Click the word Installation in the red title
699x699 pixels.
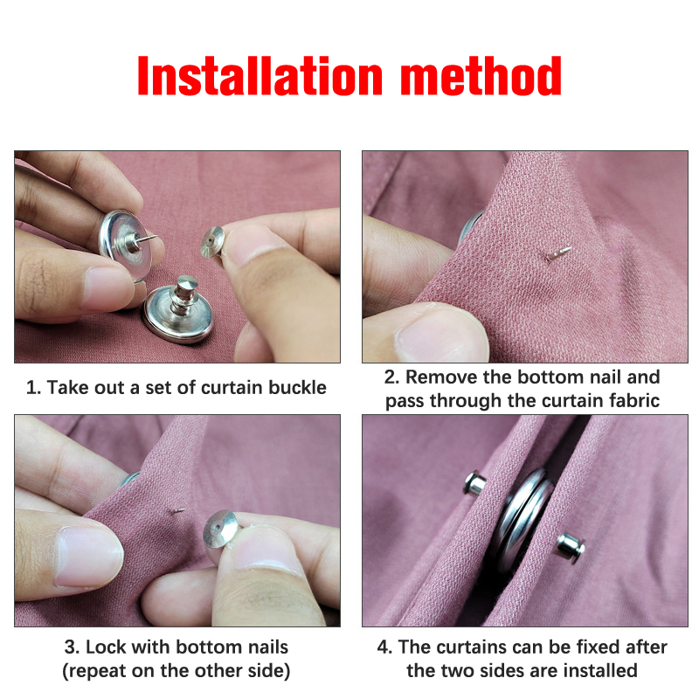(x=260, y=76)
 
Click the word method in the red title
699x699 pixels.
(x=481, y=76)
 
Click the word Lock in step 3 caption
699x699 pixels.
(x=106, y=647)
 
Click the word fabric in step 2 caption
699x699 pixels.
(x=635, y=400)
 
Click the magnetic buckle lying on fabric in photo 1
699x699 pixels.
(x=178, y=308)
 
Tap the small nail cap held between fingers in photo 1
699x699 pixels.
(x=211, y=242)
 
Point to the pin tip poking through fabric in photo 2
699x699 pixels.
(x=558, y=253)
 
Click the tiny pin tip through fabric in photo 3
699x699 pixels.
(x=179, y=511)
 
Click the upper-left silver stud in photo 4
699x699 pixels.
(x=475, y=483)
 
